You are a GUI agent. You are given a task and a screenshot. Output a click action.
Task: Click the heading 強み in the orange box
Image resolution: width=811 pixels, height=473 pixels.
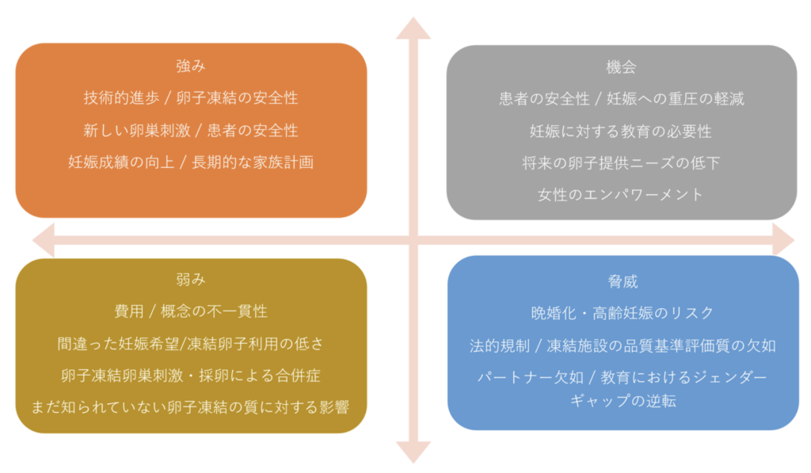[191, 67]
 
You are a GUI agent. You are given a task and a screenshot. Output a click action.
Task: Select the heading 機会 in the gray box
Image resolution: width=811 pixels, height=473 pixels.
[622, 67]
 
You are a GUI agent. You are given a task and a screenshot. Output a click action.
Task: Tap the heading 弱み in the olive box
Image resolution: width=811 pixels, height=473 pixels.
[191, 280]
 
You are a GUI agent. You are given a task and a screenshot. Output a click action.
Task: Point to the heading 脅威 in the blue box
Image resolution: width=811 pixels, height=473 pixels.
[622, 282]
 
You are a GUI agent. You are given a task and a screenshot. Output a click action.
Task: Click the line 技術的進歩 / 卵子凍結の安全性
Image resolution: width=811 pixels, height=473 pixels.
[191, 98]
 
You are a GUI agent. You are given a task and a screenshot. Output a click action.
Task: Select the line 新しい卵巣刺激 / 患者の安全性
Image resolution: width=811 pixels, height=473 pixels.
[191, 130]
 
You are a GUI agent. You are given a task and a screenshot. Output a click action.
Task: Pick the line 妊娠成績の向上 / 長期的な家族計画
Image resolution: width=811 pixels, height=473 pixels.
[191, 162]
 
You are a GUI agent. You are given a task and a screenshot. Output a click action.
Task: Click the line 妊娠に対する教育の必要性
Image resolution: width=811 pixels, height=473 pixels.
[622, 131]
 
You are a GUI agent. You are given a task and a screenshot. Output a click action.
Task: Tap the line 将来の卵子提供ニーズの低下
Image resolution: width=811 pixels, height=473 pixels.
[622, 162]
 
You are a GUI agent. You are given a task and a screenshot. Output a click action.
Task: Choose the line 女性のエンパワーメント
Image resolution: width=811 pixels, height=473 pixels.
[622, 195]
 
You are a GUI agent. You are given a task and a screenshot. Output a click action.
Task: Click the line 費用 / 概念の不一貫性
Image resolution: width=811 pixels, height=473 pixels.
[191, 311]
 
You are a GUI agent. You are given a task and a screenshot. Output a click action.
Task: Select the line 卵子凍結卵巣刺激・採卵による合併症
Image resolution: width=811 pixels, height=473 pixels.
[191, 376]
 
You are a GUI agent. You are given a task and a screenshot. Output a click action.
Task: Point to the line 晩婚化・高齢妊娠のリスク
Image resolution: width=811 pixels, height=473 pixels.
[622, 313]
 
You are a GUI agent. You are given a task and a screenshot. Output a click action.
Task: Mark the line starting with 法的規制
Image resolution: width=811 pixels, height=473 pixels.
[622, 345]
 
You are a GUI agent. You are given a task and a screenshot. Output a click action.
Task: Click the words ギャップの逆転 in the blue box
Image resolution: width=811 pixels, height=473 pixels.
[622, 400]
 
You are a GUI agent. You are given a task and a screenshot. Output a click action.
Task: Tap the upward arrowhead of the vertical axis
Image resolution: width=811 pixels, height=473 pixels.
[413, 27]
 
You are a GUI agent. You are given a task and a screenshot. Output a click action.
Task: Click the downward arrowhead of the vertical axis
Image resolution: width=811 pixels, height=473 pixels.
[413, 452]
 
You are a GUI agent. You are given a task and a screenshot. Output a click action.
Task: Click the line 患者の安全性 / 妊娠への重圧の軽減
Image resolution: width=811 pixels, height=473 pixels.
[622, 99]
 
